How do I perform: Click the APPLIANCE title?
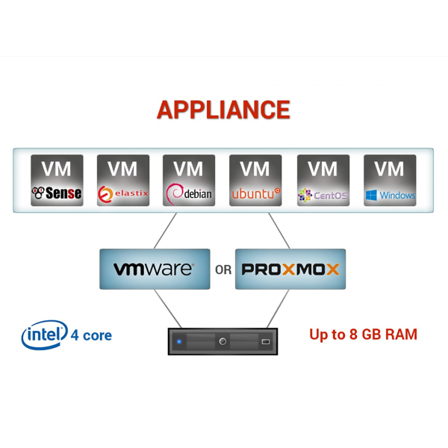coord(223,110)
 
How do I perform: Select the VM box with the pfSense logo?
coord(57,180)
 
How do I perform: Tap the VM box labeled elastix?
coord(123,180)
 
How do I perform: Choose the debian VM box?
coord(189,180)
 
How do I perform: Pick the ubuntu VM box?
coord(255,180)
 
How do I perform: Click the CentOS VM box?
coord(323,180)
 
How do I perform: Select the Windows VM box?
coord(390,180)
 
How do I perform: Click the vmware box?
coord(155,269)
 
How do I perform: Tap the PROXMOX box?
coord(290,269)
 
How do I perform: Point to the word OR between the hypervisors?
coord(223,270)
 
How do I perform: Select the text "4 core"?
coord(91,335)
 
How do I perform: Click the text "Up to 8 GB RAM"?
coord(363,334)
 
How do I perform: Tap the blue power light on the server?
coord(179,342)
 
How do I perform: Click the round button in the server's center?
coord(223,341)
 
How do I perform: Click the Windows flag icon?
coord(371,195)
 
